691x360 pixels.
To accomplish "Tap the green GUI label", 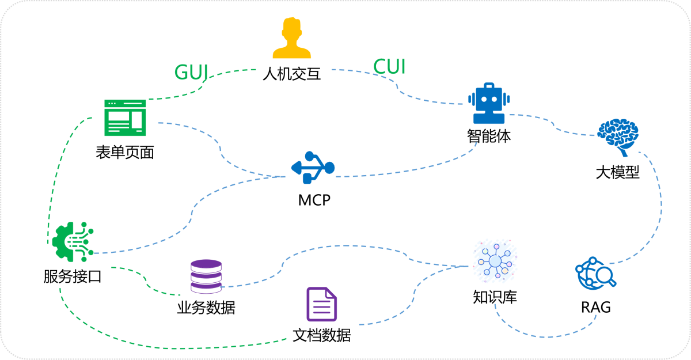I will pyautogui.click(x=191, y=72).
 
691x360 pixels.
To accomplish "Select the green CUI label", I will pyautogui.click(x=389, y=67).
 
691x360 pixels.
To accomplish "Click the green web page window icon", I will pyautogui.click(x=125, y=118).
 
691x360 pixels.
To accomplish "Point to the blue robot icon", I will pyautogui.click(x=489, y=104).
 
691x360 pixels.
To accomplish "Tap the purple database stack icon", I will pyautogui.click(x=206, y=276).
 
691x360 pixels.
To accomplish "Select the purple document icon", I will pyautogui.click(x=322, y=304).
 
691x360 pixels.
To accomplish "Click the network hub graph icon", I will pyautogui.click(x=495, y=261).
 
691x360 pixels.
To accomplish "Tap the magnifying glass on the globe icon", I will pyautogui.click(x=605, y=277).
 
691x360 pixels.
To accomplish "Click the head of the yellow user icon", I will pyautogui.click(x=292, y=28).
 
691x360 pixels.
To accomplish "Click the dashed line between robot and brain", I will pyautogui.click(x=553, y=123).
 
